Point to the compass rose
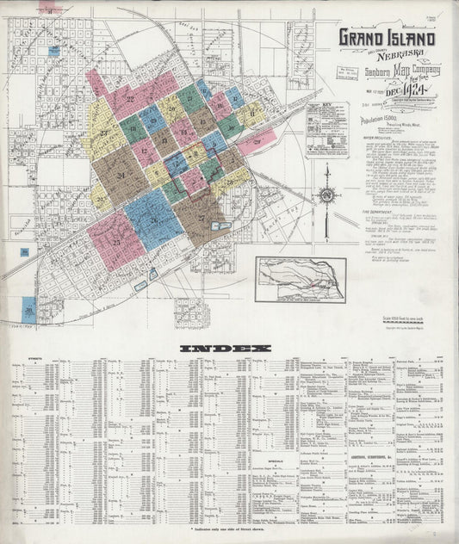pyautogui.click(x=326, y=193)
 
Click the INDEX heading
pyautogui.click(x=225, y=348)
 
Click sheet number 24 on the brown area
pyautogui.click(x=121, y=176)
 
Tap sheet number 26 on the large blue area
pyautogui.click(x=153, y=219)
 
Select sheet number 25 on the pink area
pyautogui.click(x=115, y=242)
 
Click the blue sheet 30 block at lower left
pyautogui.click(x=29, y=309)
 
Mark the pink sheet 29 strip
pyautogui.click(x=257, y=141)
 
